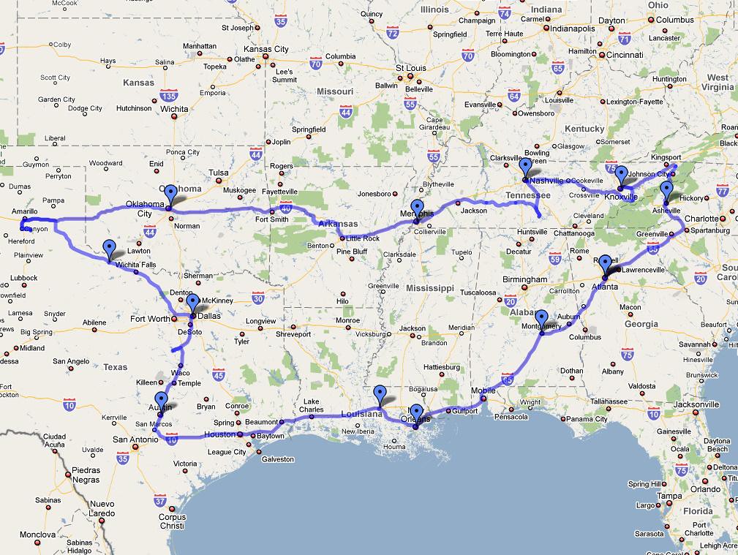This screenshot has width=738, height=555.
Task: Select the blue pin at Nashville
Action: (525, 167)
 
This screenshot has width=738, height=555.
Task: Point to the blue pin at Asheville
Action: (666, 192)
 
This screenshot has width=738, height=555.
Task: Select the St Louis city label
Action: (410, 68)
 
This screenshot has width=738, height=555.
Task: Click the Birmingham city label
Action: (524, 279)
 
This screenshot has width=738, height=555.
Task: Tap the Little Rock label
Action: (363, 238)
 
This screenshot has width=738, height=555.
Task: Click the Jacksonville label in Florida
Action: (696, 404)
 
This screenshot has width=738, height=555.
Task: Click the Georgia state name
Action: (641, 324)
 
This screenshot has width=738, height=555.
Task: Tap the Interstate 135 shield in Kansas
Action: (168, 95)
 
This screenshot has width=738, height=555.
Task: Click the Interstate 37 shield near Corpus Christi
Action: (160, 500)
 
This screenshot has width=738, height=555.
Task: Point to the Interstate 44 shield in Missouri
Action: (346, 112)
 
